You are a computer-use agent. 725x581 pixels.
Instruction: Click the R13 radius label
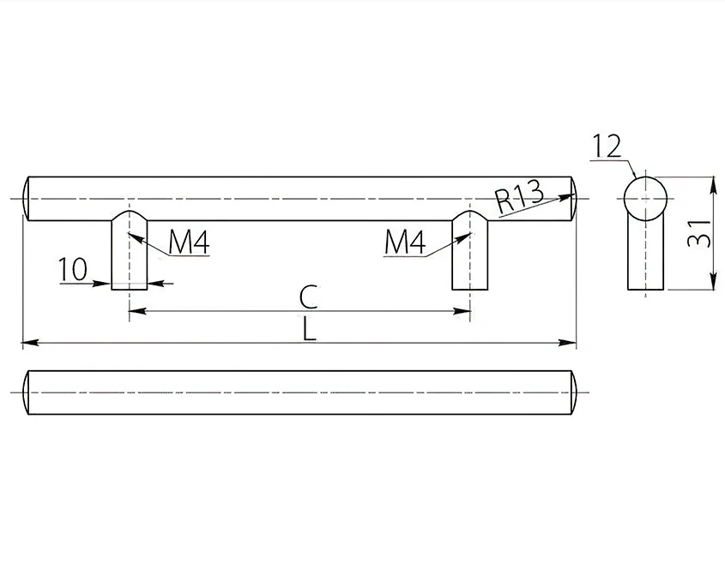tap(519, 198)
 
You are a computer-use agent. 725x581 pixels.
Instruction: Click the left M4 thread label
tap(189, 242)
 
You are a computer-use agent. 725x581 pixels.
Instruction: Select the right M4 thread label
tap(405, 242)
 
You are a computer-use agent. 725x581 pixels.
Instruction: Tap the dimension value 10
tap(73, 269)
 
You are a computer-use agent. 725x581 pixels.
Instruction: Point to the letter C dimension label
tap(308, 297)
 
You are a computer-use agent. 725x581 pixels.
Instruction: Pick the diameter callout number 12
tap(607, 147)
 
